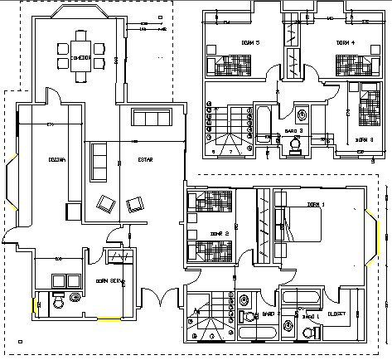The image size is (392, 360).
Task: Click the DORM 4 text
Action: pyautogui.click(x=346, y=42)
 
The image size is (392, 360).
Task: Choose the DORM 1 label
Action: pyautogui.click(x=317, y=204)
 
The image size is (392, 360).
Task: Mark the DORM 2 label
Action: pyautogui.click(x=219, y=234)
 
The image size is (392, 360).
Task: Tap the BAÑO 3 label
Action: pyautogui.click(x=295, y=130)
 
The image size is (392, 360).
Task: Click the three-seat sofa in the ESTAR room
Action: pyautogui.click(x=99, y=162)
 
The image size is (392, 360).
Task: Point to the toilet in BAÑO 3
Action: pyautogui.click(x=295, y=145)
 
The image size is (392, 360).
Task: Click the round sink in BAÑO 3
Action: pyautogui.click(x=302, y=114)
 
